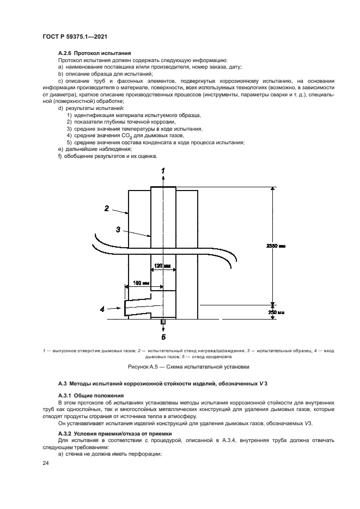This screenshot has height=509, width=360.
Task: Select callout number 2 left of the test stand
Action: (x=107, y=208)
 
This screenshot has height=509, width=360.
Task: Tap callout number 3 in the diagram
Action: (x=118, y=229)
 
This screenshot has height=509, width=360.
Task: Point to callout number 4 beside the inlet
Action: (x=102, y=309)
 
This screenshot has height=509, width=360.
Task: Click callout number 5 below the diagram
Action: (x=163, y=336)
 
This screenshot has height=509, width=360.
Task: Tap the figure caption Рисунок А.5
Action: (x=180, y=367)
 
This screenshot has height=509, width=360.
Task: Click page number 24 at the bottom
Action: (x=45, y=463)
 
